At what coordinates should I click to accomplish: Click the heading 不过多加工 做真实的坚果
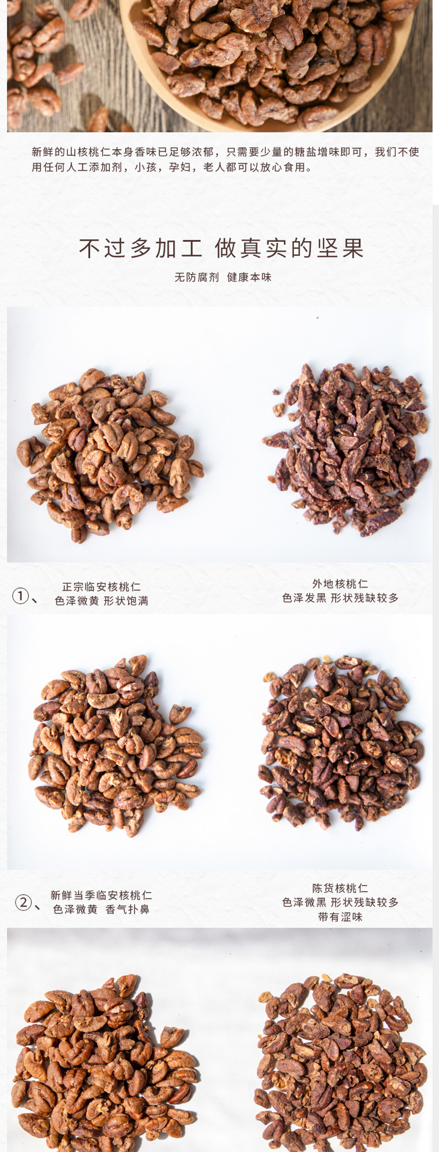click(221, 248)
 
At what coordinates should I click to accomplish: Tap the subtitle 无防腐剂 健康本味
click(223, 277)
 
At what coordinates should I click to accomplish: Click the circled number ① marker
click(20, 596)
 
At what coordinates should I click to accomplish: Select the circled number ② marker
click(23, 902)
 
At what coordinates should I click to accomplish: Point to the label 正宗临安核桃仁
click(101, 587)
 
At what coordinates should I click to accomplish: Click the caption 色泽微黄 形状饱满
click(101, 601)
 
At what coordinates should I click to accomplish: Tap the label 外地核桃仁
click(340, 584)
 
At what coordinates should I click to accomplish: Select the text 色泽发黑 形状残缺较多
click(340, 598)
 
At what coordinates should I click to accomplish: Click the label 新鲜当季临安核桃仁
click(101, 895)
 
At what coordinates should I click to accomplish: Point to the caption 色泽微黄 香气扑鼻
click(101, 909)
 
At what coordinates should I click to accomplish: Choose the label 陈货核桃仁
click(340, 888)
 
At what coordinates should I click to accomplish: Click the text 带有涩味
click(340, 917)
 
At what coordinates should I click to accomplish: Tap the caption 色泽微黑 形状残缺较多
click(340, 902)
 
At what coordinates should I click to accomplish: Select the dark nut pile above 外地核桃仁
click(346, 449)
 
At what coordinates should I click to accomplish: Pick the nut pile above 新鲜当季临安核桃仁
click(116, 746)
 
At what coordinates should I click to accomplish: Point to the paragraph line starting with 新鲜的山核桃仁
click(225, 152)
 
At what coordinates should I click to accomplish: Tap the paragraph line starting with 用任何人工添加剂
click(172, 167)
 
